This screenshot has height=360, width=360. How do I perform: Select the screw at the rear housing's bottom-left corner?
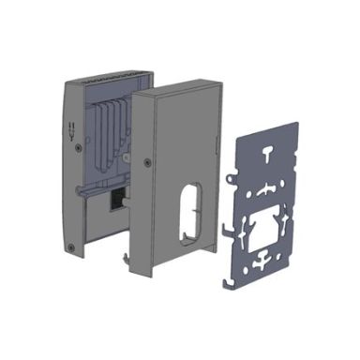pyautogui.click(x=72, y=247)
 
